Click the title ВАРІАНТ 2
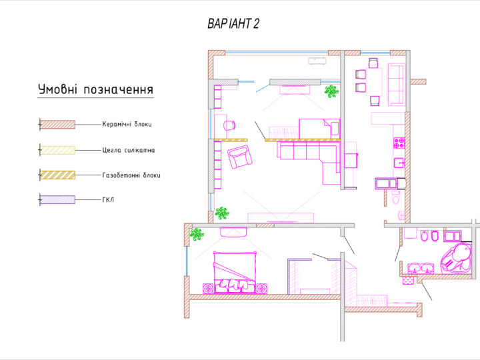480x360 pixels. [x=233, y=23]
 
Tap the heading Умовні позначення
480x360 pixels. [x=95, y=89]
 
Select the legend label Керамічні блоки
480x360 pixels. [x=127, y=124]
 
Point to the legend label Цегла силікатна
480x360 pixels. [x=129, y=150]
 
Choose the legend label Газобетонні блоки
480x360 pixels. [x=131, y=175]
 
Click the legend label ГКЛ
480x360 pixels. [x=108, y=200]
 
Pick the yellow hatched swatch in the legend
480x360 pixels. [x=57, y=150]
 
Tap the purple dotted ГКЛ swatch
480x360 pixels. [x=57, y=200]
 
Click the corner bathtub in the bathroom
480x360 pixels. [x=456, y=258]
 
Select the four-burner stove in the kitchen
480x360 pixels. [x=399, y=143]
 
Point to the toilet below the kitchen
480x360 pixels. [x=396, y=197]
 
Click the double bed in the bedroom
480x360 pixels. [x=235, y=273]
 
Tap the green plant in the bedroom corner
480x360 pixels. [x=197, y=234]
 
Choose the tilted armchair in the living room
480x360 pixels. [x=240, y=157]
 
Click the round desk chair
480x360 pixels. [x=229, y=125]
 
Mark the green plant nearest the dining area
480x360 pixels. [x=331, y=91]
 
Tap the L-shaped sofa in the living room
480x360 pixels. [x=309, y=163]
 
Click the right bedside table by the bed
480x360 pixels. [x=262, y=289]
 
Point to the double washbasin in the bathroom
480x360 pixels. [x=420, y=268]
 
